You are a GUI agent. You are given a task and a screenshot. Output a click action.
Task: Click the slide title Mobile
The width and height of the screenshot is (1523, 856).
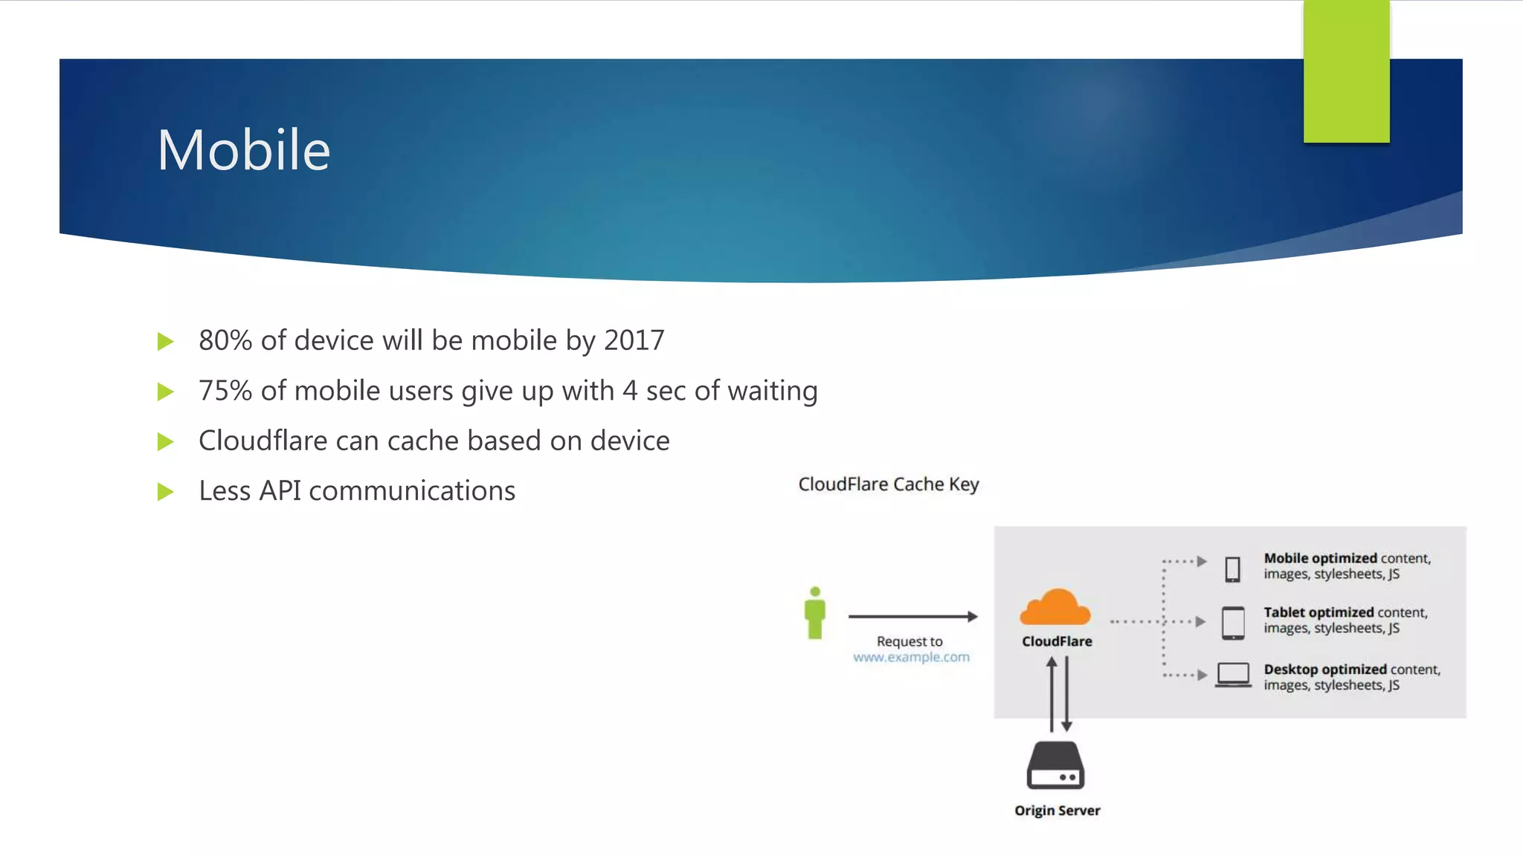(243, 150)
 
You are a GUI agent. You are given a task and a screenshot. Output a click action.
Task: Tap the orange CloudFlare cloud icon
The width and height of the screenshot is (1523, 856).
(1055, 608)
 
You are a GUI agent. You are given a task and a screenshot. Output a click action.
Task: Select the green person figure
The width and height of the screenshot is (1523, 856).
(815, 613)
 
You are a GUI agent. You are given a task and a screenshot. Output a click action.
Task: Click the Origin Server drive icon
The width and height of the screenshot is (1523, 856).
(1055, 765)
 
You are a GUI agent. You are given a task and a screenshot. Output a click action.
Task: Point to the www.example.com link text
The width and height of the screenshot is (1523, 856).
(911, 658)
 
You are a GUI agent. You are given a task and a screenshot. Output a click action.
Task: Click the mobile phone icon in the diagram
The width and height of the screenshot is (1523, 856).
(1232, 569)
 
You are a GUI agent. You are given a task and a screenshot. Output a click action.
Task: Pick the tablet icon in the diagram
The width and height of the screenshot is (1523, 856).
(1233, 623)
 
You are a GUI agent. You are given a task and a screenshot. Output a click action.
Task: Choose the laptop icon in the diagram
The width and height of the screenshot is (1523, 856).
(1233, 675)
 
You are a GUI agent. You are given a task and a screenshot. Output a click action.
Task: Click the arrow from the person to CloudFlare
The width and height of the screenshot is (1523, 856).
(912, 616)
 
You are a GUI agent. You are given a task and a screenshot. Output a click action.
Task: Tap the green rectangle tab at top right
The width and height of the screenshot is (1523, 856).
(1346, 71)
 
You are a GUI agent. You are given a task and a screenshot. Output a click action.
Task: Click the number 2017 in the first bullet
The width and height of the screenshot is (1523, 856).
(634, 340)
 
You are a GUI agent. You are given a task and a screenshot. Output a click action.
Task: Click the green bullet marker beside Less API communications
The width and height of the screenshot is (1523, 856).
(166, 492)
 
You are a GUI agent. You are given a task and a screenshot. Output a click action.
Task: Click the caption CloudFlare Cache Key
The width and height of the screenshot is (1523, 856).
(889, 484)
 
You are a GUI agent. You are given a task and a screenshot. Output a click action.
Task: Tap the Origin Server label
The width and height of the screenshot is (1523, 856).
(1057, 811)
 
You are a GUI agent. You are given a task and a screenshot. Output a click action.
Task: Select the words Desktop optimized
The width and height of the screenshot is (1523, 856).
(1324, 669)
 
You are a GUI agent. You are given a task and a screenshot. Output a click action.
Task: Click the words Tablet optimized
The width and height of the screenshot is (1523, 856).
(1318, 612)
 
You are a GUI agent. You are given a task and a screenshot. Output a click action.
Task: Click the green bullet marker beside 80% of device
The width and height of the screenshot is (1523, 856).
(166, 342)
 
